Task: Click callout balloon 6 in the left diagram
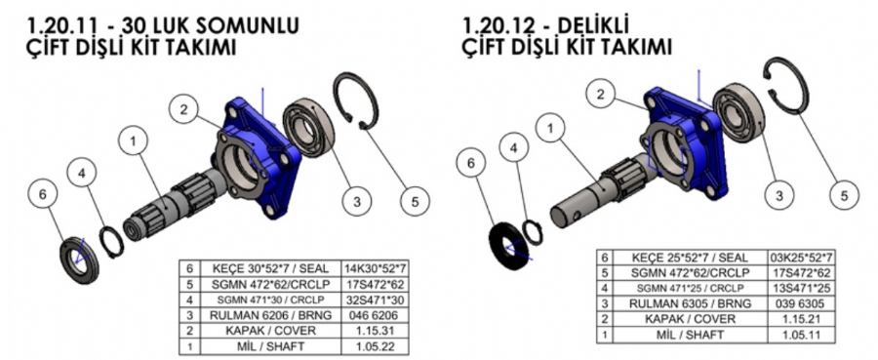[44, 195]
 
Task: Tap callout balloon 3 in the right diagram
[778, 195]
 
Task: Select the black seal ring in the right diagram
[508, 245]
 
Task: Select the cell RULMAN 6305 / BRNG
[690, 303]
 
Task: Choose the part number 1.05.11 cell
[801, 335]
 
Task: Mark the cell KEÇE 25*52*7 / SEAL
[690, 258]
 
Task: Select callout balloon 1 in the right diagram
[550, 129]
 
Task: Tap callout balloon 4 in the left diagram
[82, 174]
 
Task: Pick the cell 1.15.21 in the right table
[801, 319]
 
